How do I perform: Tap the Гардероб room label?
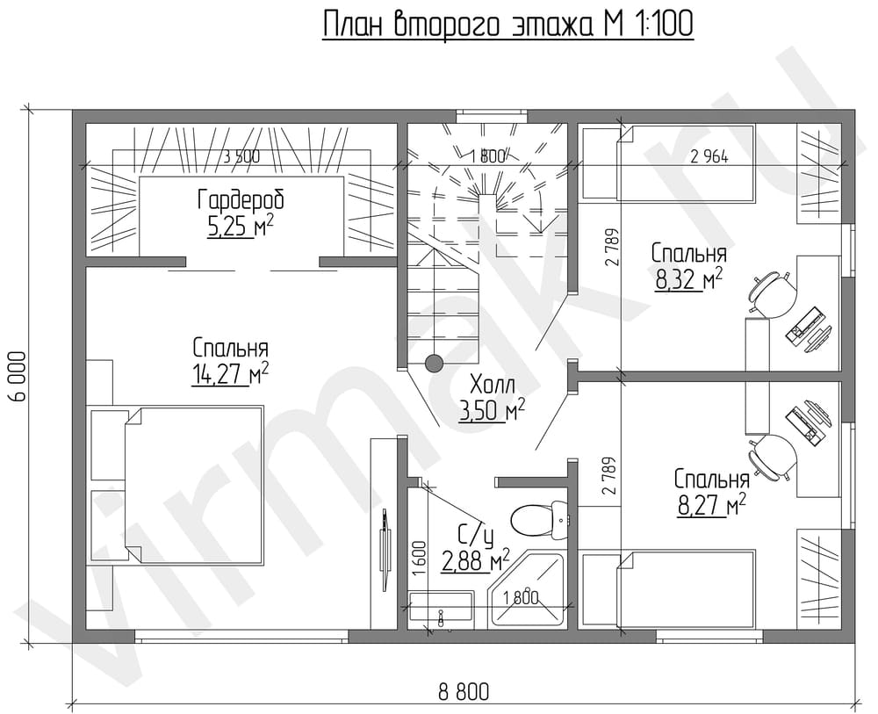[241, 200]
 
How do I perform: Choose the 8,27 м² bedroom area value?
[711, 506]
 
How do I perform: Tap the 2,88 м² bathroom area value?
[475, 560]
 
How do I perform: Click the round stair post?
[434, 364]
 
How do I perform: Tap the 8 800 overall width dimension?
[464, 692]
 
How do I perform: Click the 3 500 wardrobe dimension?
[241, 157]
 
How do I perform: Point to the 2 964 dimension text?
[709, 157]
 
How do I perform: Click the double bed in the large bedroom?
[193, 486]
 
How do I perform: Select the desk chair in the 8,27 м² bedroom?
[773, 457]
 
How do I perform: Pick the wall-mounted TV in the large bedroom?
[385, 549]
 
